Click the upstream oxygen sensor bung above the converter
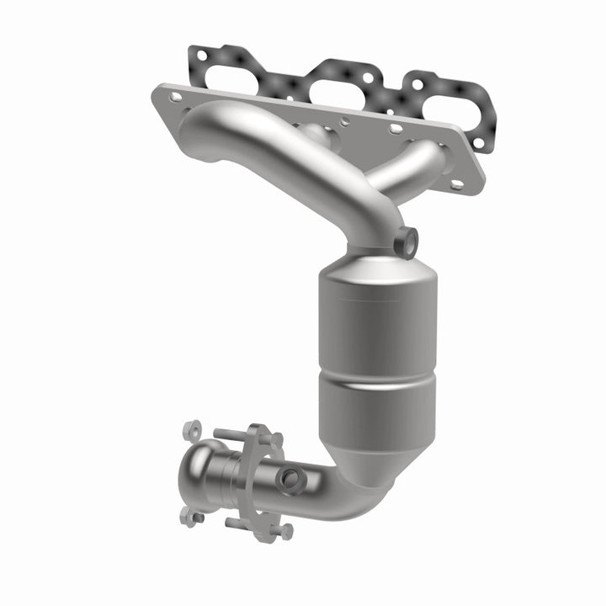(x=407, y=241)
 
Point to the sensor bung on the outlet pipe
(x=291, y=479)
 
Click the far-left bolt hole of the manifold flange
(x=175, y=98)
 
